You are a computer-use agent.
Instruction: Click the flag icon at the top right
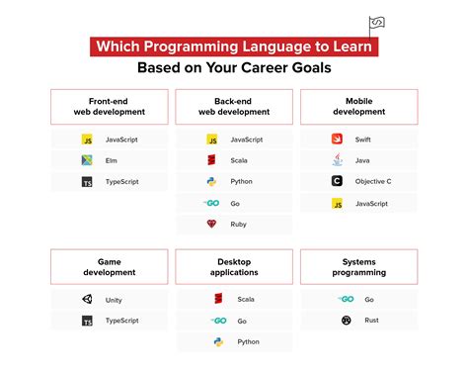(377, 24)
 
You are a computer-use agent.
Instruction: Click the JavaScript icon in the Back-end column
(211, 140)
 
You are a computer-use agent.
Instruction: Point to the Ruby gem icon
(211, 225)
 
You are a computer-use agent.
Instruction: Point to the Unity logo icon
(87, 299)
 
